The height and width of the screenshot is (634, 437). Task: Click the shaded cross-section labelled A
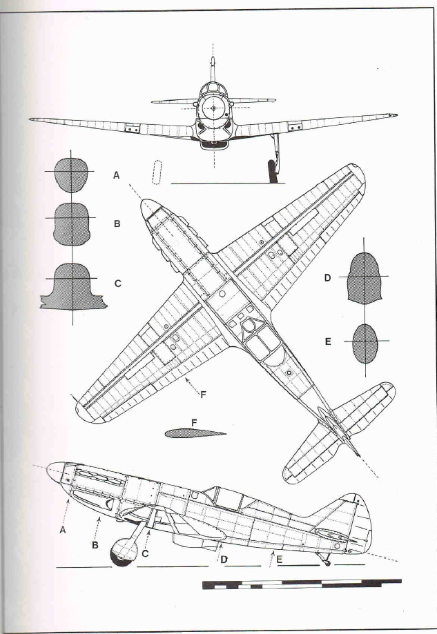click(71, 175)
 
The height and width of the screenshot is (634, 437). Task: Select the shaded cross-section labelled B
click(71, 224)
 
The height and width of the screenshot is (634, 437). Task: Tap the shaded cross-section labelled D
click(365, 278)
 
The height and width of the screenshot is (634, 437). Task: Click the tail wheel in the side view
click(327, 563)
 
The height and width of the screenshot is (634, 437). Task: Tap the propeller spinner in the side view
click(56, 472)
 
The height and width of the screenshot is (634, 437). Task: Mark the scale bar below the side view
click(302, 584)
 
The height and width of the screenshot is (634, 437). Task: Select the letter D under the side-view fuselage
click(224, 560)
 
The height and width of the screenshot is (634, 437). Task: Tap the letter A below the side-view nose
click(63, 530)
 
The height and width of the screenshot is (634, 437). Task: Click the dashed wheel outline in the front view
click(157, 172)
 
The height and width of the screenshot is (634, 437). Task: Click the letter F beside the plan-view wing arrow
click(203, 394)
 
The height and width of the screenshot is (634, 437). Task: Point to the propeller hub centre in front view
click(213, 108)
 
